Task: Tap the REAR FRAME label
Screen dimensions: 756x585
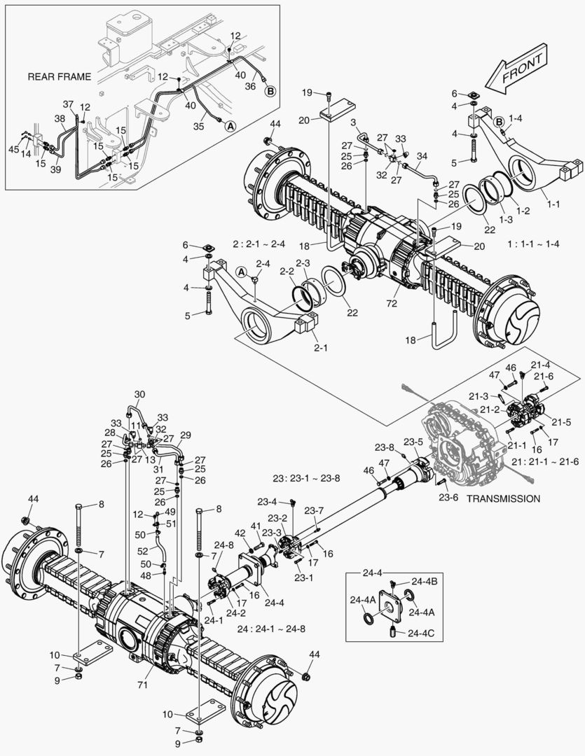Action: click(59, 76)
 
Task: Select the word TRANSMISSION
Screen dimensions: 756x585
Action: click(503, 498)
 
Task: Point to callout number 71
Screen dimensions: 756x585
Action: click(142, 684)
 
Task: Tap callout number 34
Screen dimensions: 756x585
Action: click(421, 155)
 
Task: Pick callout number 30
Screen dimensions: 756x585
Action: click(139, 394)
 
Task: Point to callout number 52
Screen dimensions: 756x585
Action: click(142, 550)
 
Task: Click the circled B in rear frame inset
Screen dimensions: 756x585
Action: click(269, 90)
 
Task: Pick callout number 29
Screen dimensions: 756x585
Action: click(186, 435)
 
